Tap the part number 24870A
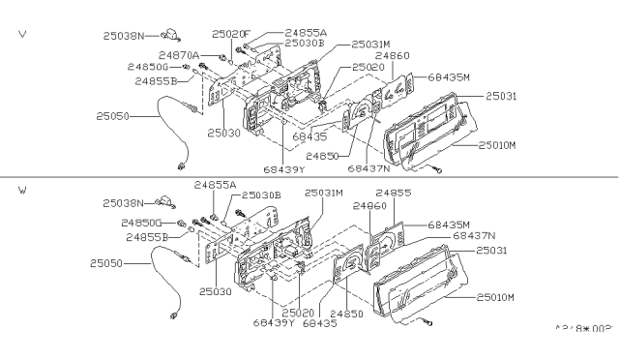[x=181, y=56]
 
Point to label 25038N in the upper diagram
[x=125, y=35]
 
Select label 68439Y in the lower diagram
[x=274, y=322]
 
